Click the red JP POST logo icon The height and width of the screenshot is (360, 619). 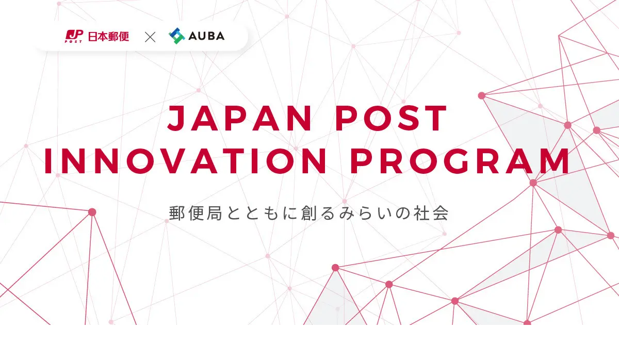click(x=74, y=36)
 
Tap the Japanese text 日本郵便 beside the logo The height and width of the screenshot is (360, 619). click(x=108, y=37)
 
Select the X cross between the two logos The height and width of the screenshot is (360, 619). click(x=150, y=37)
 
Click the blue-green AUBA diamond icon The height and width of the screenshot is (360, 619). click(x=177, y=36)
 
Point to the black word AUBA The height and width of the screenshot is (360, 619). click(x=206, y=36)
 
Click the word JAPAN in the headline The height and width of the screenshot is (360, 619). click(x=239, y=118)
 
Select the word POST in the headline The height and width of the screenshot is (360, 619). click(x=391, y=118)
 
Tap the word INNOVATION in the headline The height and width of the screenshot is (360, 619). click(x=185, y=161)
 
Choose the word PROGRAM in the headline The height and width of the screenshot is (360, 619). click(x=460, y=161)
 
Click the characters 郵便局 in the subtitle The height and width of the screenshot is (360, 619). click(x=196, y=213)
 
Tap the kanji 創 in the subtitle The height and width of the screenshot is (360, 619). click(x=308, y=213)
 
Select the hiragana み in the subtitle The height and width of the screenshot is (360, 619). click(x=347, y=214)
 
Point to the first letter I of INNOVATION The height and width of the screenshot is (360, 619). click(x=48, y=161)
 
